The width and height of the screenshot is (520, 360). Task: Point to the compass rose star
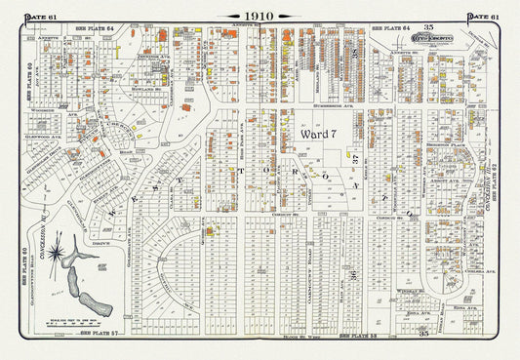coord(60,256)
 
